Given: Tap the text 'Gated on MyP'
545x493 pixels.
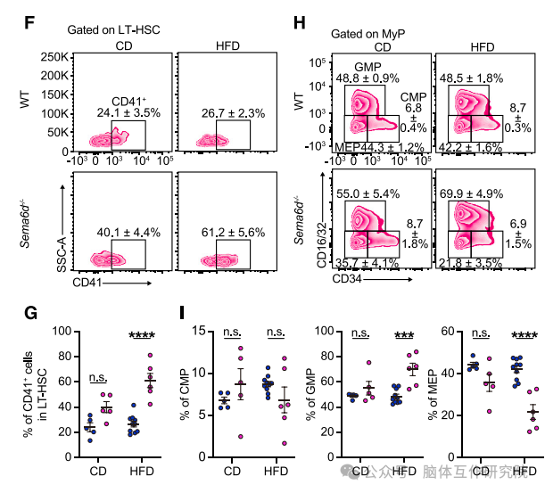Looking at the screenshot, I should click(x=368, y=34).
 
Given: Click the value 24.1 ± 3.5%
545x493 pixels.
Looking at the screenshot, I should click(x=128, y=113).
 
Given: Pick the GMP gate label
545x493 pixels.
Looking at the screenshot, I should click(x=367, y=67).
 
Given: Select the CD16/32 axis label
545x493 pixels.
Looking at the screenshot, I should click(x=317, y=237).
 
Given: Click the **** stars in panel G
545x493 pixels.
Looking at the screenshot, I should click(x=144, y=335).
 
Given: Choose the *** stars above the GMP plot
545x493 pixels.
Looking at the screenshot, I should click(x=405, y=335).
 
